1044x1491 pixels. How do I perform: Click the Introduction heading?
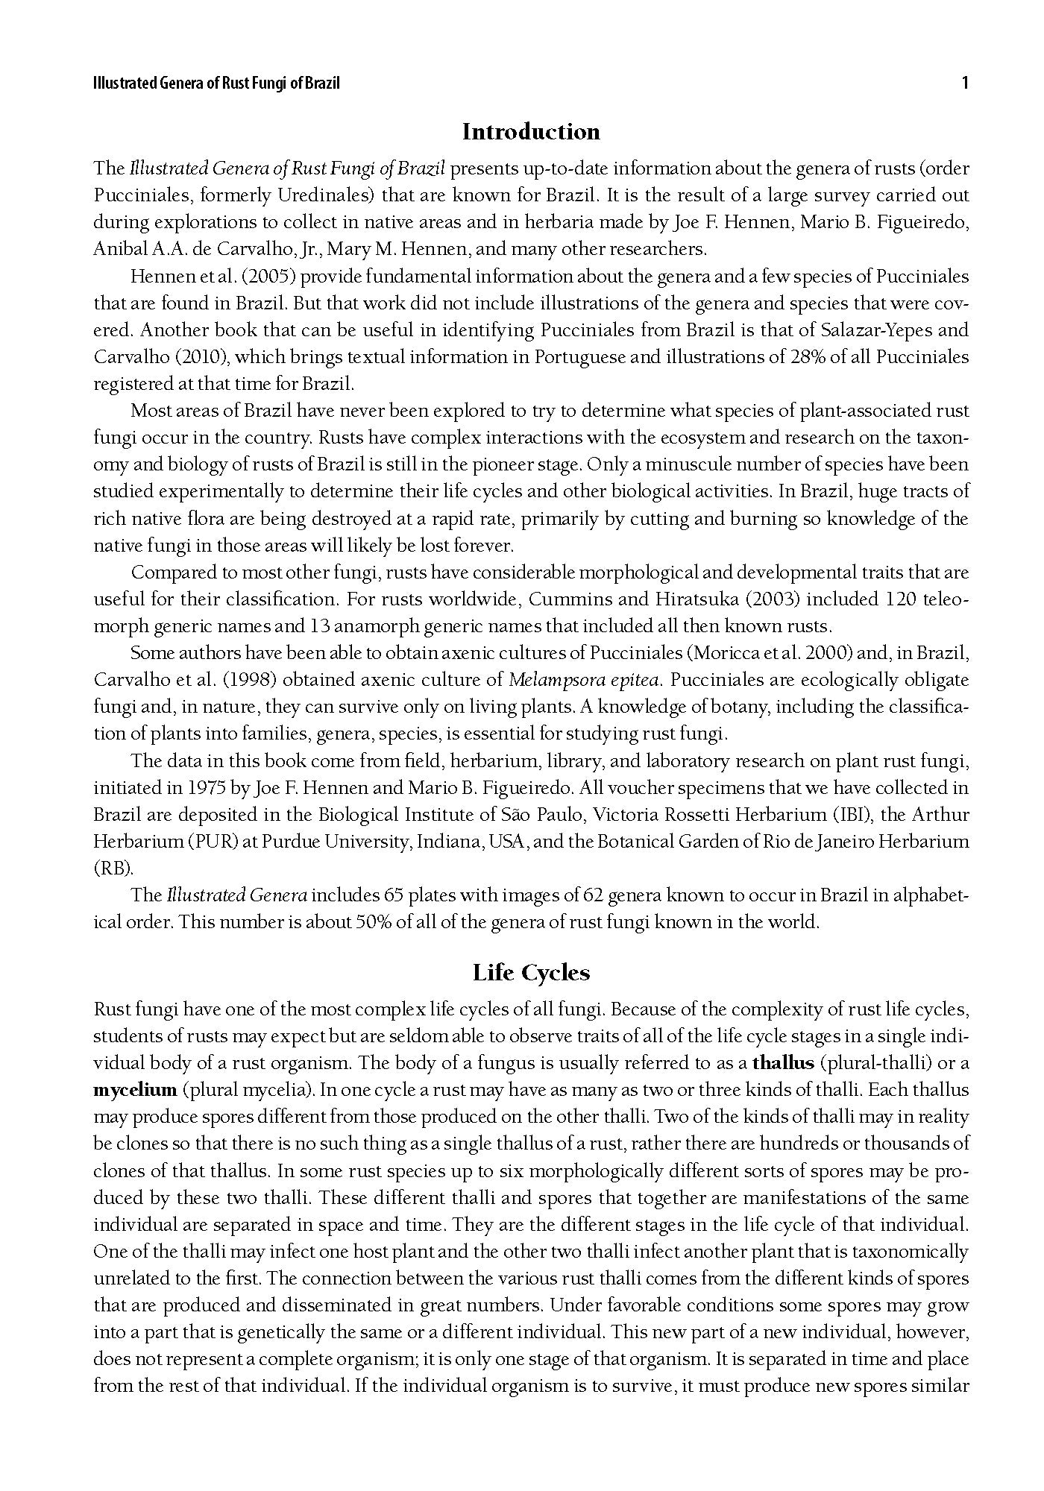[531, 132]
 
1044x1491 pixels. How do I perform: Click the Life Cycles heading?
[531, 973]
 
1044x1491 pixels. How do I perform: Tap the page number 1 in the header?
[965, 83]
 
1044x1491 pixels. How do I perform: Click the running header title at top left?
[216, 83]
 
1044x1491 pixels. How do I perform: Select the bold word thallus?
[784, 1063]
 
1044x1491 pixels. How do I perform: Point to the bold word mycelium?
[135, 1090]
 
